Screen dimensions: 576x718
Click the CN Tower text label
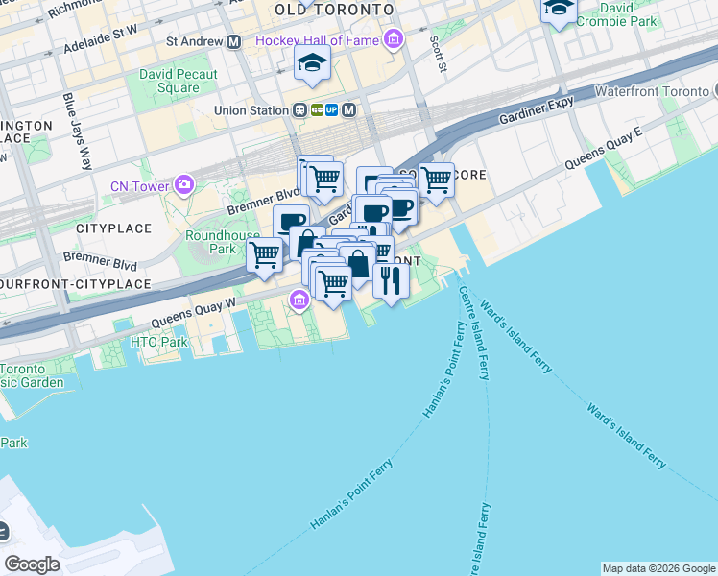coord(139,186)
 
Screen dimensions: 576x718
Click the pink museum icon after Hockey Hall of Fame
coord(393,39)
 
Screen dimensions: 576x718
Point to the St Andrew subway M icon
coord(233,41)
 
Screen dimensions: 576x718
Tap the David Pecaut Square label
coord(178,81)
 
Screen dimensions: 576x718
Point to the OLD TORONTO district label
coord(334,9)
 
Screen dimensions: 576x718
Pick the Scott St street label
coord(438,54)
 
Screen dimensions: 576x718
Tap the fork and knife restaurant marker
coord(391,279)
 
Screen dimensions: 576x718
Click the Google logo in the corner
coord(32,564)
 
